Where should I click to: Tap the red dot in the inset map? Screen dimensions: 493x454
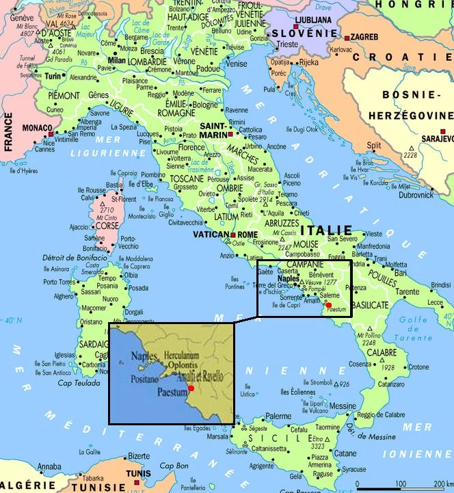pyautogui.click(x=191, y=388)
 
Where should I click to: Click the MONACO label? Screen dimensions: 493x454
pyautogui.click(x=37, y=128)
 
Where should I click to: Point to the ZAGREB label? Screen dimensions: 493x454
pyautogui.click(x=365, y=36)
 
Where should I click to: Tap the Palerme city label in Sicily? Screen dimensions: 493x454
pyautogui.click(x=279, y=415)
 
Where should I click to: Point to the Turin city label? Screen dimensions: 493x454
pyautogui.click(x=53, y=77)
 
